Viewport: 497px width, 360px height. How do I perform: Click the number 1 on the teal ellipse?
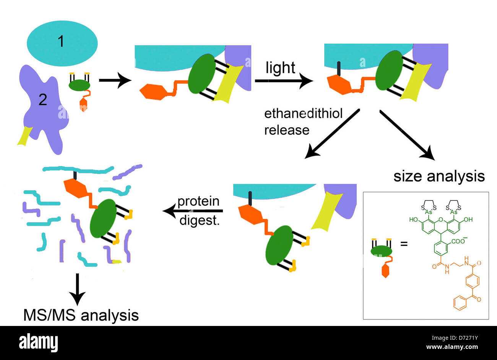click(x=61, y=41)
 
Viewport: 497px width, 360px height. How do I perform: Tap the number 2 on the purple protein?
click(x=42, y=100)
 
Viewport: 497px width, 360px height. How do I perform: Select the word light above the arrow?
click(x=280, y=68)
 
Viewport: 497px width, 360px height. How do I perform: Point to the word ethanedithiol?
click(x=303, y=114)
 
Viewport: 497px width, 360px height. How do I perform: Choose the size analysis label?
click(x=439, y=176)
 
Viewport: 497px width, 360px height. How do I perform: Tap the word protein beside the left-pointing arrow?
click(x=198, y=201)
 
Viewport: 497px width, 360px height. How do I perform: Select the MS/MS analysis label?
click(x=81, y=315)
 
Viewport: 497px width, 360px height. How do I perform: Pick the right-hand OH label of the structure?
click(x=468, y=220)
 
